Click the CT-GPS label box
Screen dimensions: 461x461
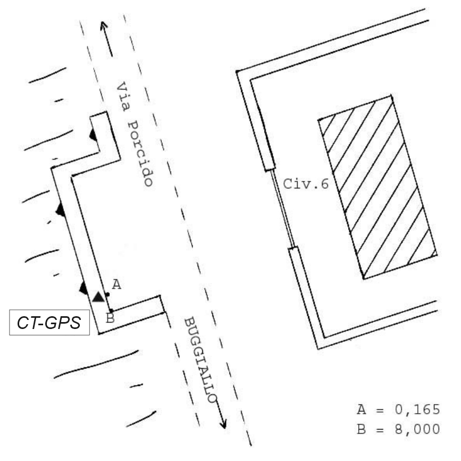click(50, 322)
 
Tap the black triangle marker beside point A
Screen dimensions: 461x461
click(98, 297)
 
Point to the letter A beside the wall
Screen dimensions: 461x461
click(117, 285)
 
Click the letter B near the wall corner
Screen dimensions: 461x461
click(110, 318)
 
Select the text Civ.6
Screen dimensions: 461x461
click(306, 184)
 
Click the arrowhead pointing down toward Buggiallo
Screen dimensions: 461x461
click(224, 424)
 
